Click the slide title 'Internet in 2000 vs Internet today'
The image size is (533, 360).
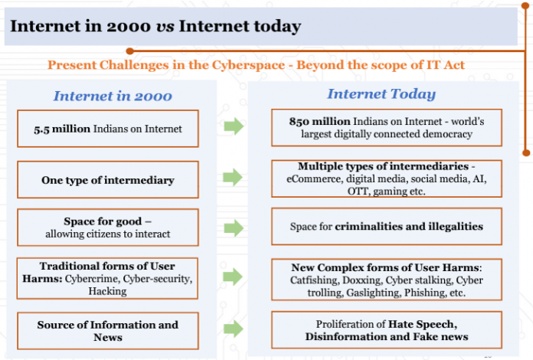[155, 27]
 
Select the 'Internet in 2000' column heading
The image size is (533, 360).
[113, 96]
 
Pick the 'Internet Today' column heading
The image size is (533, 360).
[381, 94]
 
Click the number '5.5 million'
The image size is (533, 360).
[63, 129]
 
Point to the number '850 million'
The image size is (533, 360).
[317, 121]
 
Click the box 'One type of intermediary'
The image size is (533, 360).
[108, 180]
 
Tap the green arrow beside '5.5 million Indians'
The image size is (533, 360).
[233, 126]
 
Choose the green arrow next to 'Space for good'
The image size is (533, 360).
[233, 227]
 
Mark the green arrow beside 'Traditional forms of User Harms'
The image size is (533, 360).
[233, 277]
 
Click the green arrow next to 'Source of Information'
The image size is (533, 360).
[233, 329]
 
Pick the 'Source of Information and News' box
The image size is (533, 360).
[108, 331]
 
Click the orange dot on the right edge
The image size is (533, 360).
[526, 152]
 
